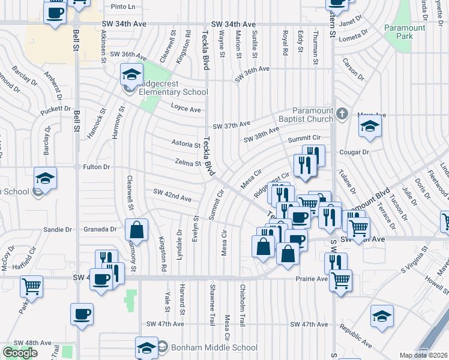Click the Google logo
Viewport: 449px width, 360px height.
tap(20, 353)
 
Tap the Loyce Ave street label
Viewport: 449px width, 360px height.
tap(185, 110)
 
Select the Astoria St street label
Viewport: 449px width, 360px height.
tap(185, 145)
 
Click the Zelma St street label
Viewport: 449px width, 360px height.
tap(187, 163)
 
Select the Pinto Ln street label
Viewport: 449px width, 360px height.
tap(124, 7)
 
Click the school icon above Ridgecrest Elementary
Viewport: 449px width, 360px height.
tap(131, 75)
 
